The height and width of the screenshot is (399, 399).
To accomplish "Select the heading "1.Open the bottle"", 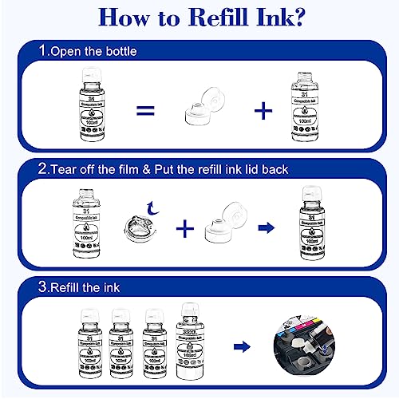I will click(x=89, y=51).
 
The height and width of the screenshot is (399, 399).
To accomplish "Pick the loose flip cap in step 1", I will click(x=204, y=111).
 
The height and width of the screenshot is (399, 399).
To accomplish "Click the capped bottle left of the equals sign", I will click(x=82, y=110).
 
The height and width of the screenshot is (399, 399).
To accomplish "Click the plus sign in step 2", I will click(x=185, y=229).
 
